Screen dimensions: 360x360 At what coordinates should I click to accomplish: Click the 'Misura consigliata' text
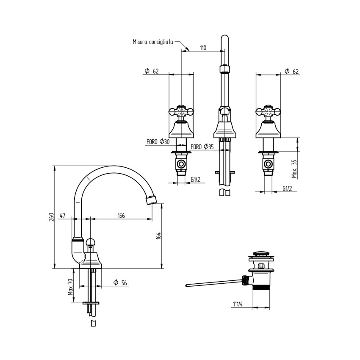(153, 42)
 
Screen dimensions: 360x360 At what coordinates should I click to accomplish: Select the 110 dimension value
(203, 48)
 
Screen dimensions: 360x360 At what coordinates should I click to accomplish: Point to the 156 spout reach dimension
(121, 215)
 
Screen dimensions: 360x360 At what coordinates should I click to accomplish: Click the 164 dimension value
(158, 236)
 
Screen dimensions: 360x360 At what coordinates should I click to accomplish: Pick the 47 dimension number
(62, 215)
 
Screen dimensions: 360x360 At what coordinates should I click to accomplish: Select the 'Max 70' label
(70, 287)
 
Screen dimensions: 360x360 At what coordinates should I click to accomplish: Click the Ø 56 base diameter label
(120, 282)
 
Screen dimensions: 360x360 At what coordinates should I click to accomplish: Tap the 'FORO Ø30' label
(158, 141)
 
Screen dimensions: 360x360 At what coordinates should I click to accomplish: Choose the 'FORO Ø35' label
(202, 147)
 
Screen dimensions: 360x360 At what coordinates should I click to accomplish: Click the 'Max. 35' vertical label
(294, 169)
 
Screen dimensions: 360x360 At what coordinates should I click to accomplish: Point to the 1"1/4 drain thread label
(238, 305)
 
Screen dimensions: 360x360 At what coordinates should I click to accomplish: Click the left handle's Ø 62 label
(152, 71)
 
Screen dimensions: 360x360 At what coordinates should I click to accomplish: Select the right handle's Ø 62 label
(291, 71)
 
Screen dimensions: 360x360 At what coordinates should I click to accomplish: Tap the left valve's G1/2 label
(195, 179)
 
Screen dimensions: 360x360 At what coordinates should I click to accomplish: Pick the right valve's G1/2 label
(287, 188)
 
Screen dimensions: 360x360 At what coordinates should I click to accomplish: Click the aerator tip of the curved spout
(152, 199)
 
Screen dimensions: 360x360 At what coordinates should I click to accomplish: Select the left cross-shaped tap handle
(181, 111)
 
